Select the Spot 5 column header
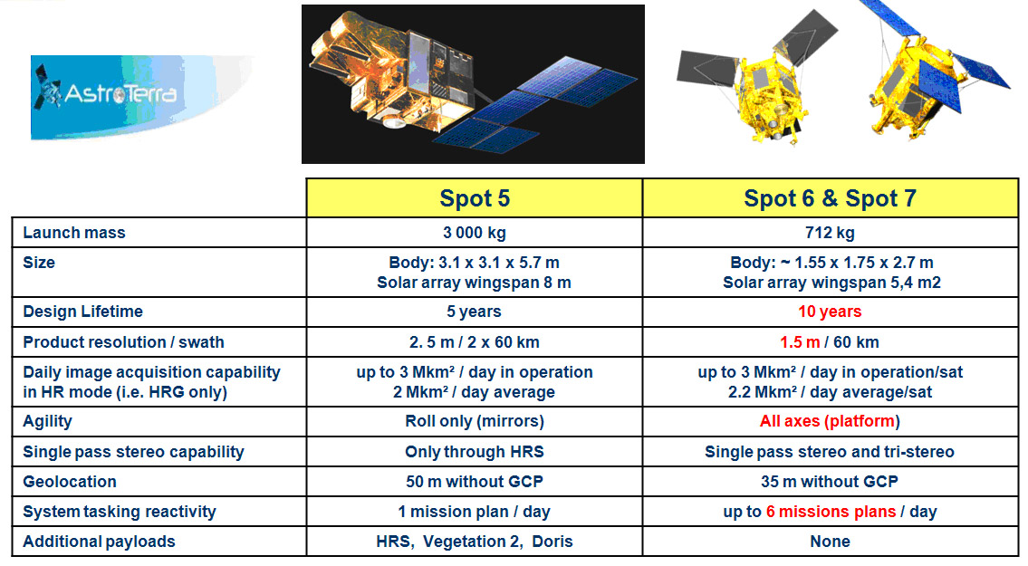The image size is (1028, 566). pos(475,198)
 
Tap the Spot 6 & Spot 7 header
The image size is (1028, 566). pos(830,198)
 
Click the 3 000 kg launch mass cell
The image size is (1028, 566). pos(475,233)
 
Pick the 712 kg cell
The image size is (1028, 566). pos(830,233)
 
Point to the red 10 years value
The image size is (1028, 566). pos(830,312)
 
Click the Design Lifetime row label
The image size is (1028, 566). pos(82,312)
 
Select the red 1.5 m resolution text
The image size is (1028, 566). pos(800,342)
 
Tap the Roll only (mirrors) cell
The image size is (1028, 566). pos(475,421)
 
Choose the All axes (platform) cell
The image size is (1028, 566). pos(830,421)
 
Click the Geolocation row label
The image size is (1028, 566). pos(70,482)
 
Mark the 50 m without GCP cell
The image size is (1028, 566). pos(475,482)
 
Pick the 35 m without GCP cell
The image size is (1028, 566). pos(830,482)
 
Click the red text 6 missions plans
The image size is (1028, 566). pos(831,512)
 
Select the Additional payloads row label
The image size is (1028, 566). pos(99,542)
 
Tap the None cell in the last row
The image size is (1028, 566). pos(830,542)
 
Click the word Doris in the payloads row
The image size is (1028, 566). pos(552,542)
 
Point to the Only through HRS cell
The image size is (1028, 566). pos(475,452)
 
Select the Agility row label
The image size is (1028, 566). pos(47,422)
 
